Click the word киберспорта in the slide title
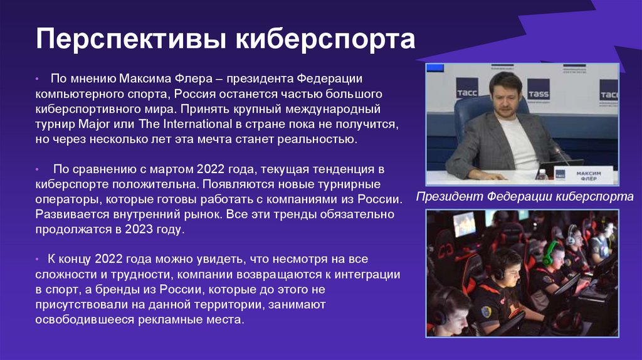[x=325, y=39]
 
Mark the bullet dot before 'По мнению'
[x=38, y=80]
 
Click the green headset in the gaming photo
[x=549, y=253]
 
